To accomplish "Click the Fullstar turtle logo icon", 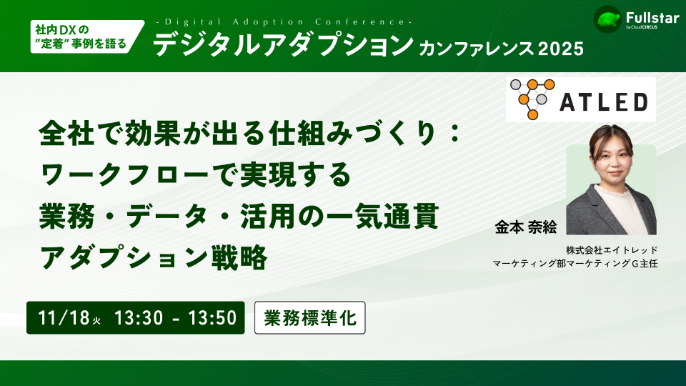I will coord(606,19).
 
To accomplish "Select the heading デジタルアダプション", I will coord(283,46).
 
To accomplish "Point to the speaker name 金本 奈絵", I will coord(525,226).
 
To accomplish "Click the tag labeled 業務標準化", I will coord(310,318).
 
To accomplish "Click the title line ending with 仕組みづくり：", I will coord(249,134).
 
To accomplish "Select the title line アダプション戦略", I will coord(154,257).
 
